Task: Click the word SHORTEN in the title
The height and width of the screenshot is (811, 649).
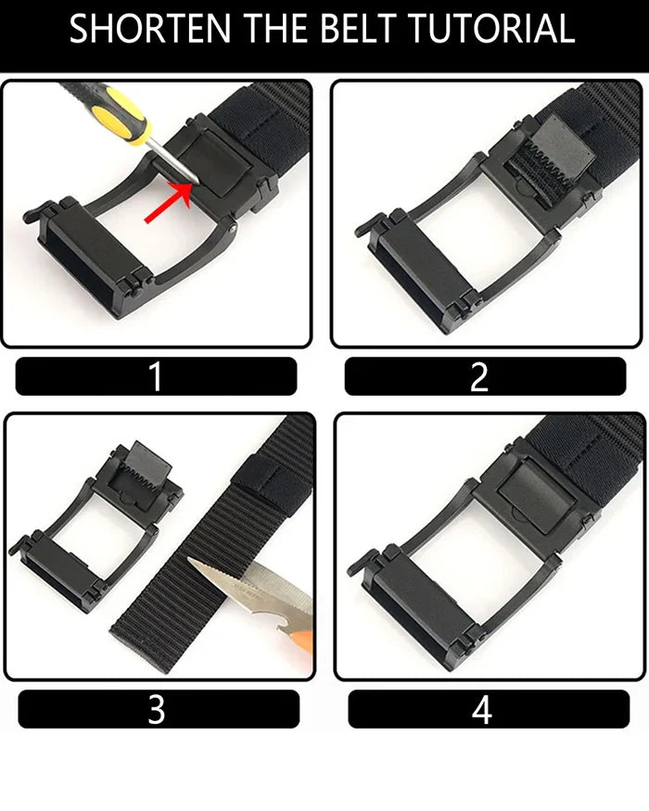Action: (150, 29)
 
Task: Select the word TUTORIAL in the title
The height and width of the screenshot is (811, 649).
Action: (492, 29)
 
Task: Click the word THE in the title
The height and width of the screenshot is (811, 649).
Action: (276, 29)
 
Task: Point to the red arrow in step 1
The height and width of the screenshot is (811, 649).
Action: (168, 203)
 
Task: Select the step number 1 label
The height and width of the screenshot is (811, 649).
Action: (156, 376)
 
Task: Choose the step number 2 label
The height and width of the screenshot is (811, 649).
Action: (479, 376)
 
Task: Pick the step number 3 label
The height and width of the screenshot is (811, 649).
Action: (157, 709)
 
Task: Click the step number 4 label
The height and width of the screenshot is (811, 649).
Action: (481, 709)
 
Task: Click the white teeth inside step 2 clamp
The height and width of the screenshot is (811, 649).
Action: (542, 160)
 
